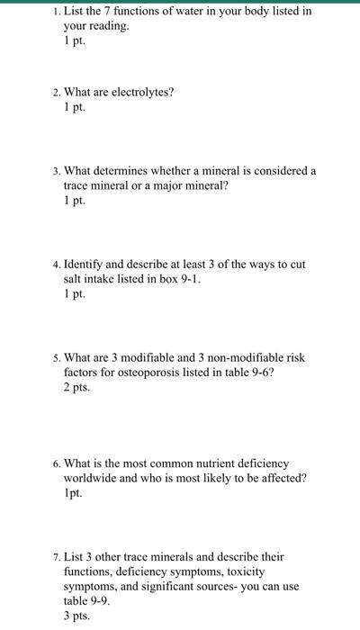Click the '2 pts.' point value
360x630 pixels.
point(76,387)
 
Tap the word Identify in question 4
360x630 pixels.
point(86,265)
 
